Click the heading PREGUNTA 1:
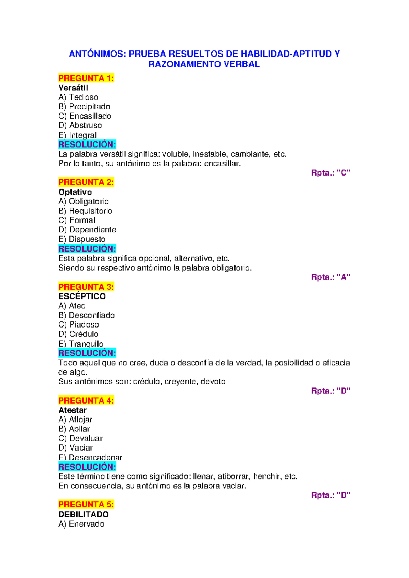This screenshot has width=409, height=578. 86,78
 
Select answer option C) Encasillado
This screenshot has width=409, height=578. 85,116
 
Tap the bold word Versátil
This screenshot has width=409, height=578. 73,88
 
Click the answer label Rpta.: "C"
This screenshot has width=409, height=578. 330,173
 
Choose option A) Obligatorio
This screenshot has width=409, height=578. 84,202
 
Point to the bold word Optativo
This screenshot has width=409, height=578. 75,192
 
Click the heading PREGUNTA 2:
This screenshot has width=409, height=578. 86,182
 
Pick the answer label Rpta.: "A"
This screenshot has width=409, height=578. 330,277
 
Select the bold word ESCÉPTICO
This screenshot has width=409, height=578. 82,296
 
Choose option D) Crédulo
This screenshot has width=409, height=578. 78,334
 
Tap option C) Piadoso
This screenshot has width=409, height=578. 78,325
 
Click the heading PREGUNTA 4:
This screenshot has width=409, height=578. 86,400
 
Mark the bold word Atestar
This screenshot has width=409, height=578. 72,410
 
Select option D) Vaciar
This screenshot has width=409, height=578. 75,448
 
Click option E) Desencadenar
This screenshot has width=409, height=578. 90,457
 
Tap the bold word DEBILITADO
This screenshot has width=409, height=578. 83,514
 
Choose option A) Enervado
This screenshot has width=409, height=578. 81,524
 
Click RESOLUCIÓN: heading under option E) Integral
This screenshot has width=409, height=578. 87,144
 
